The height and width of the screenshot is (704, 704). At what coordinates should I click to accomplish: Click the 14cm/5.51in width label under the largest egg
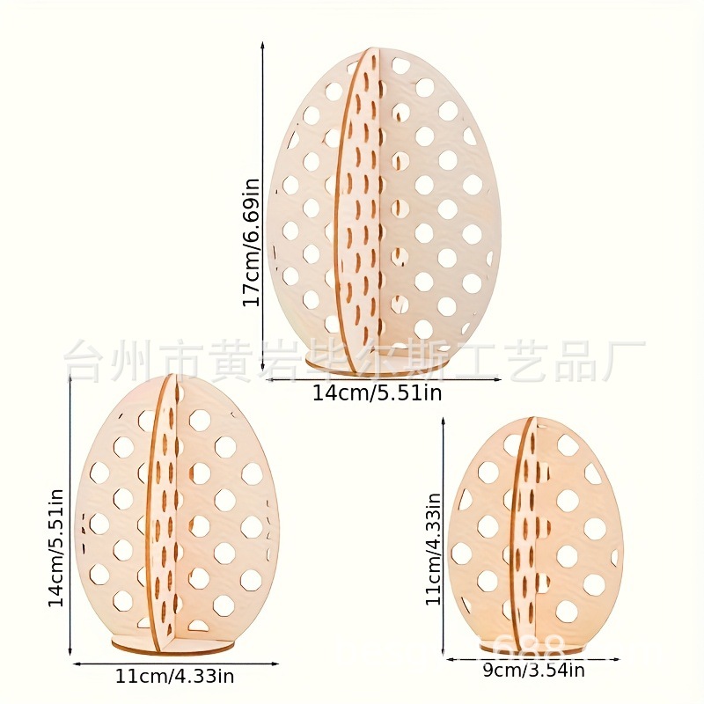coord(377,393)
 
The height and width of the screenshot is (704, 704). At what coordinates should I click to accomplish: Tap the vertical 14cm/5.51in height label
coord(55,547)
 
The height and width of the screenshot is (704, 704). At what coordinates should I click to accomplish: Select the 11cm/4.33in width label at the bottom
coord(174,677)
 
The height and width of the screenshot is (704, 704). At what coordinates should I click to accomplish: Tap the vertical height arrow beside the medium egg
coord(70,511)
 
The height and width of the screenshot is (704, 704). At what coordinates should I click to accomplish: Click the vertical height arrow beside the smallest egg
coord(444,537)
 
